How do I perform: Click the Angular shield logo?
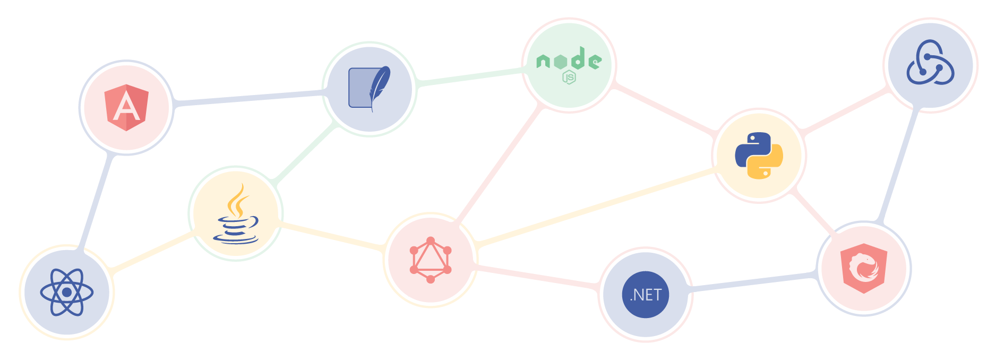point(126,108)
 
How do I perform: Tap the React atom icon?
point(67,292)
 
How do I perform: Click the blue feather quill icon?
point(370,89)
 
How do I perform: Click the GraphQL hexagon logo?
point(431,260)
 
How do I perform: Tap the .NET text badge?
point(646,295)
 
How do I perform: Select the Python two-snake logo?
point(759,156)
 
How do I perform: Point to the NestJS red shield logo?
point(864,268)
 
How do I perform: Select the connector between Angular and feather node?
point(250,98)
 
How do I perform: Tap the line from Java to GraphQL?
point(332,236)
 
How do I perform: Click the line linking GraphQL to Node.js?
point(499,165)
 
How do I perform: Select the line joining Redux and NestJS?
point(898,165)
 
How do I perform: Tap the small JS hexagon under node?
point(569,78)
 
